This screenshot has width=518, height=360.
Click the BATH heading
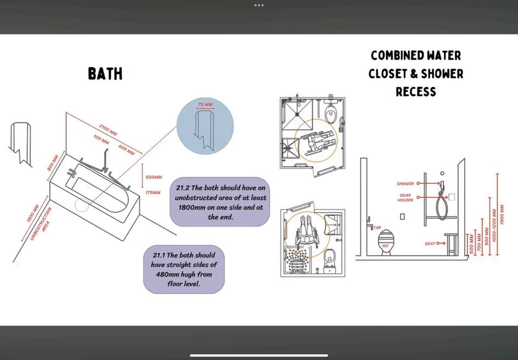point(105,74)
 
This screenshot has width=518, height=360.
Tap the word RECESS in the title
point(416,92)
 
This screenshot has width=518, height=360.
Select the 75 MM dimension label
point(205,105)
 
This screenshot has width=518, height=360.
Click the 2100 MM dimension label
point(108,130)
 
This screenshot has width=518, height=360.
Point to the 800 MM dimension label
point(53,162)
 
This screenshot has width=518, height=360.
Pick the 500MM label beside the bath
point(154,177)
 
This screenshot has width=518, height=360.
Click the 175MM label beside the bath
point(153,192)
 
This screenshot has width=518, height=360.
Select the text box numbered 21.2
point(220,202)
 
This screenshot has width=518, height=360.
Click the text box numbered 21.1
point(184,269)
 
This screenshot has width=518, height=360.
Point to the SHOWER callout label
point(406,184)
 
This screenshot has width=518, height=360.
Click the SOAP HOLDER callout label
point(406,198)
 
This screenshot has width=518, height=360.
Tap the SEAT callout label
point(430,244)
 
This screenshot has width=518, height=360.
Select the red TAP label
point(377,228)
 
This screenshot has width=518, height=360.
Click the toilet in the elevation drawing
point(386,243)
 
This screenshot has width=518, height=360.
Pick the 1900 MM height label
point(502,215)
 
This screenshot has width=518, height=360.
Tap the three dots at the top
point(259,5)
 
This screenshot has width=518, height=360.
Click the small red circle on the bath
point(82,205)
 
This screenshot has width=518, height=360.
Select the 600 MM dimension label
point(127,150)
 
